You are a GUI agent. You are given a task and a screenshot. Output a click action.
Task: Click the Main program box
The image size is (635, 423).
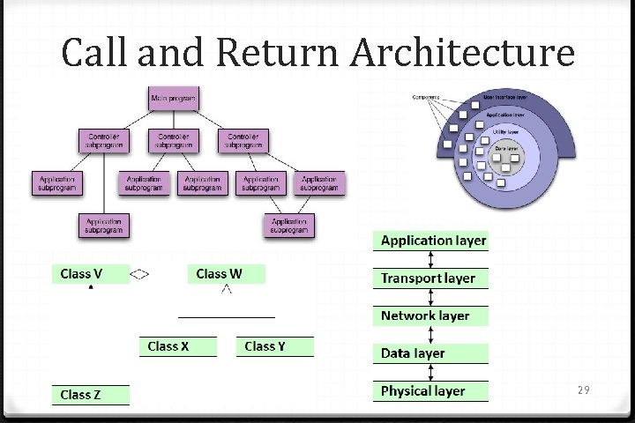pos(174,99)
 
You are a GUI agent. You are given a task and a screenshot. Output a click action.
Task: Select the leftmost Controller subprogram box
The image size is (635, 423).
pos(104,141)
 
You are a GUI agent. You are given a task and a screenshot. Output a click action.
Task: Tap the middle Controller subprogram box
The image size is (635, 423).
pos(174,141)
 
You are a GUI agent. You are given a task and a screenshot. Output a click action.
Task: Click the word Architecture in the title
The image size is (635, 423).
pos(462,53)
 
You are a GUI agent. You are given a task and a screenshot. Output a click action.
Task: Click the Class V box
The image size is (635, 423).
pos(89,274)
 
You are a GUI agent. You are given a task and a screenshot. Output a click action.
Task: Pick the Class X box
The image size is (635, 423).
pos(176,346)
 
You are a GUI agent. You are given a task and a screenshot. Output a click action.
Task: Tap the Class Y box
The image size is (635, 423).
pos(274,346)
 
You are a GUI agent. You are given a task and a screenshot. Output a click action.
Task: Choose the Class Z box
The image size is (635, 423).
pos(89,395)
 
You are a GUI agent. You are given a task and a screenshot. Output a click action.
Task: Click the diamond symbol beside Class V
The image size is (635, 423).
pos(139,274)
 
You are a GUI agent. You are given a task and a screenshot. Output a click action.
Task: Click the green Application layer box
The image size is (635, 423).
pos(430,241)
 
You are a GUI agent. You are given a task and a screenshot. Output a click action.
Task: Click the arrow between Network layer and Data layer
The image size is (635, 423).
pos(430,335)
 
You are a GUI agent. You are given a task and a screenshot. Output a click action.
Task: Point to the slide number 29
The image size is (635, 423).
pos(583,390)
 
